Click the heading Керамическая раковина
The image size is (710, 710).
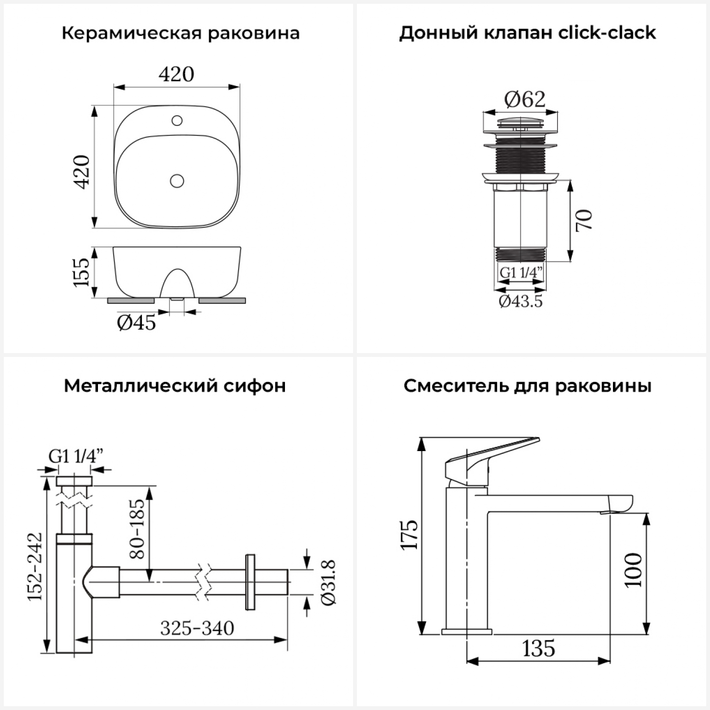180,34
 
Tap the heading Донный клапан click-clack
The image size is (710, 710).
527,33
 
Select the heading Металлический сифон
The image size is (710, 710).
175,386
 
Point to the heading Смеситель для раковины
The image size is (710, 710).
527,386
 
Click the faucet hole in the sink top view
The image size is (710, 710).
177,121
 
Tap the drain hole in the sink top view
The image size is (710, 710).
177,180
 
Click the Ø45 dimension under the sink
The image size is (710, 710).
136,323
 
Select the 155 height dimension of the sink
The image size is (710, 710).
81,272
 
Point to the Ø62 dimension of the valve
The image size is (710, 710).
524,99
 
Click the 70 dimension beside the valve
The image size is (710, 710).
584,220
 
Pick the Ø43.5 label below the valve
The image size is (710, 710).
521,301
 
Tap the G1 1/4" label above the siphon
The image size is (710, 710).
76,456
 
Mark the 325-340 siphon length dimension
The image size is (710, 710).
197,629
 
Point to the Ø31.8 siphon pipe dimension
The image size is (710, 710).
328,582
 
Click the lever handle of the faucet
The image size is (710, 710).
492,454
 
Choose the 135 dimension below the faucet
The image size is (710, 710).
539,648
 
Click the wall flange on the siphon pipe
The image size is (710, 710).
250,582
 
